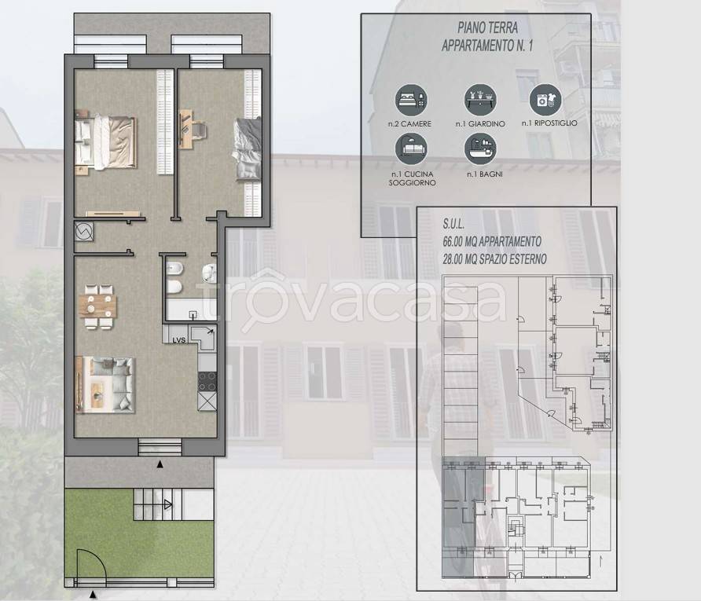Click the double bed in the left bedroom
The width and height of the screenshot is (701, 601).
[x=105, y=141]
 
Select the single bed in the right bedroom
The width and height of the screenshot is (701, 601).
[x=247, y=149]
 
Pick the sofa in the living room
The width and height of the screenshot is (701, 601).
[x=105, y=383]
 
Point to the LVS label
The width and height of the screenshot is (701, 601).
[x=179, y=339]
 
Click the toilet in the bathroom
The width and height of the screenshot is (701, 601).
[x=175, y=274]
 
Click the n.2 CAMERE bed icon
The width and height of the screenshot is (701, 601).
[x=413, y=100]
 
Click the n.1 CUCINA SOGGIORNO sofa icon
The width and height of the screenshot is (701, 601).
[x=413, y=148]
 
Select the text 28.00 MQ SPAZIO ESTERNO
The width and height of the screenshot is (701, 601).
[x=495, y=258]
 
